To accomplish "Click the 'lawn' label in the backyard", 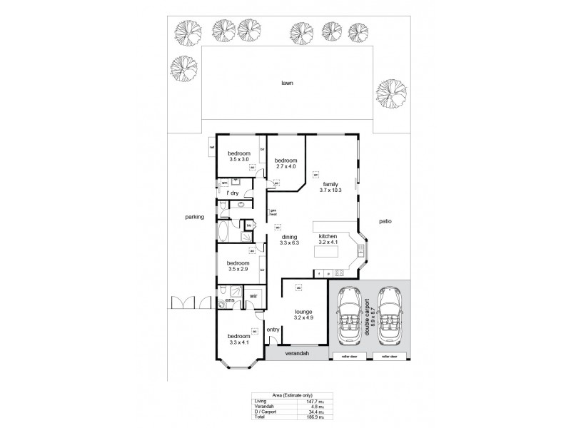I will (287, 83).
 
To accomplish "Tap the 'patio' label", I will (385, 221).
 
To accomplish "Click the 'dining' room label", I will (289, 237).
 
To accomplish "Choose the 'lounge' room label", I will (304, 312).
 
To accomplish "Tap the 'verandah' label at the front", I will (295, 353).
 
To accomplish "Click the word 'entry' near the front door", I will (273, 330).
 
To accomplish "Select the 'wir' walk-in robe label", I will (253, 295).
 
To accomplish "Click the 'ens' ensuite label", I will (230, 301).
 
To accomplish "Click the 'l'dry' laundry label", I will (233, 193).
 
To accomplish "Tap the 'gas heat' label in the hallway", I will (273, 213).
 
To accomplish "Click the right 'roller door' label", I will (388, 355).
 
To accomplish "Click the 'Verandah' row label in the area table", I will (263, 407).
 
